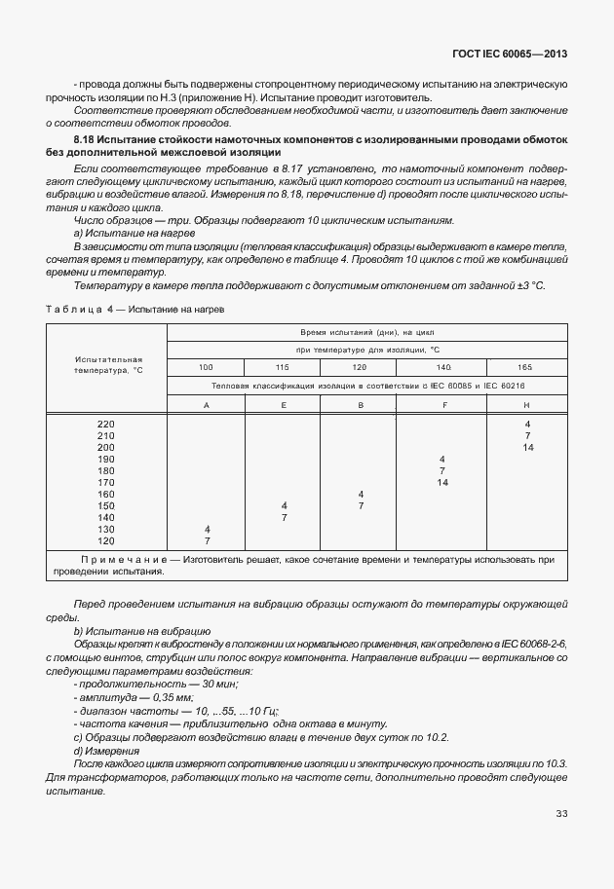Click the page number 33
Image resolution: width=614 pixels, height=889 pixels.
tap(561, 814)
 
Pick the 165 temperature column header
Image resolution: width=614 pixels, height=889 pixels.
tap(526, 366)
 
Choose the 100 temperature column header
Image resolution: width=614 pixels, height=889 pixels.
tap(206, 366)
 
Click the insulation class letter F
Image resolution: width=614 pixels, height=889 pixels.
tap(443, 403)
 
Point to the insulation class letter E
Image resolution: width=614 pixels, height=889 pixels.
tap(283, 403)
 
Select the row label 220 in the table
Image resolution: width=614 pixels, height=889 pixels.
tap(106, 425)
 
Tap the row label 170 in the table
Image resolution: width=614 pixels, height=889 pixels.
tap(106, 482)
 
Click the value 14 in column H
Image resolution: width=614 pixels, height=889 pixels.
tap(527, 447)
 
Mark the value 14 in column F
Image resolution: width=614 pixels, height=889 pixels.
tap(442, 482)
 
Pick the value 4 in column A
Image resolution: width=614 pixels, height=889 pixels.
tap(207, 529)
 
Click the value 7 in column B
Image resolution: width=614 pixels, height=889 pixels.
tap(361, 505)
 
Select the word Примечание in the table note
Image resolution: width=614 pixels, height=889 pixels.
tap(122, 560)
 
